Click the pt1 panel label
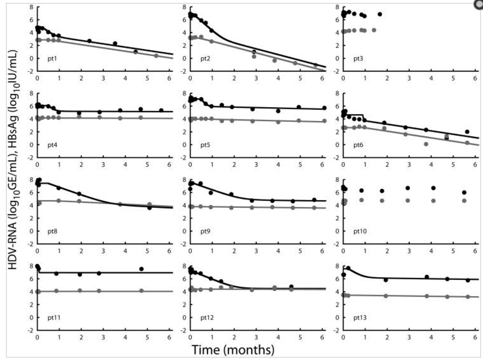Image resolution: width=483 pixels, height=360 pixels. point(52,59)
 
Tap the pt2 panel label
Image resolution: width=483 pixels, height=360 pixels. point(206,59)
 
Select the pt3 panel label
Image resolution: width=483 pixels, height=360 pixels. point(359,59)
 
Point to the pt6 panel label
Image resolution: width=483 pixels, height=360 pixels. point(359,146)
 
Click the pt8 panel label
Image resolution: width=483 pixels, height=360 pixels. point(52,232)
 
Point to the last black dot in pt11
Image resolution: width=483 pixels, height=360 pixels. point(141,269)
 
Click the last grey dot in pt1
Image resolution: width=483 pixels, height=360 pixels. point(156,56)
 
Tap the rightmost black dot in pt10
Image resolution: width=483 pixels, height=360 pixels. point(464,193)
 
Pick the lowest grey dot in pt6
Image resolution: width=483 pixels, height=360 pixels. point(426,144)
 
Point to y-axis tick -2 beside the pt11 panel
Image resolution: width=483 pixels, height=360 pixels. point(30,330)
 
